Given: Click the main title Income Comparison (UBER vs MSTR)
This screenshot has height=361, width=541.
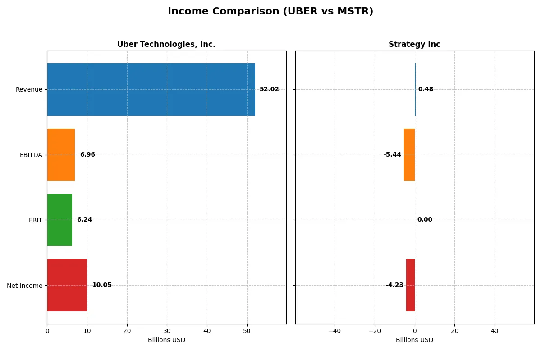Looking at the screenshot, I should tap(270, 12).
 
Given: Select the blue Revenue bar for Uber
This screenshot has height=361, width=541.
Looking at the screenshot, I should tap(151, 89).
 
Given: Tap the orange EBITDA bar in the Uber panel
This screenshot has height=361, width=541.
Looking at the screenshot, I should tap(61, 155).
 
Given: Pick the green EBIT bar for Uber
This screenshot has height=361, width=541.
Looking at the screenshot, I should tap(60, 220).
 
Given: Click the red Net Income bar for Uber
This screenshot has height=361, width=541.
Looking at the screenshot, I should tap(67, 285).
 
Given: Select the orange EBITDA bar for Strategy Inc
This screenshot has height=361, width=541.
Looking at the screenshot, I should tap(409, 155).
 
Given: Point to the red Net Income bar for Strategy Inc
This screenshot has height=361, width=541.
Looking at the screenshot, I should tap(410, 285).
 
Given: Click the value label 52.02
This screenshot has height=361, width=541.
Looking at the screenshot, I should tap(269, 89).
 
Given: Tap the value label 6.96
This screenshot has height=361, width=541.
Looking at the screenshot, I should tap(87, 155).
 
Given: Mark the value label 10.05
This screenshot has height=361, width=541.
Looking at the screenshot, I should tap(102, 285).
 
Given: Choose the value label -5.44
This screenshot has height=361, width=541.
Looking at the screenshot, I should tap(392, 155).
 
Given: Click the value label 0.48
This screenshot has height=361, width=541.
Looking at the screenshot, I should tap(426, 89).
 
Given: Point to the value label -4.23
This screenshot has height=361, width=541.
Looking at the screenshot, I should tap(394, 285).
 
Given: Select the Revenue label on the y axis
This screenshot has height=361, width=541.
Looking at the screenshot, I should tap(29, 89).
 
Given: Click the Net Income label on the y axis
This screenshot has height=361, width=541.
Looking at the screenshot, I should tap(25, 286).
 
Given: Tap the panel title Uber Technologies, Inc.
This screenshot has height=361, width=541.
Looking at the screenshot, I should tap(166, 45).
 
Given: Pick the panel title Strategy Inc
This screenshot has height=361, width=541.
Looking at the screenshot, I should tap(414, 45).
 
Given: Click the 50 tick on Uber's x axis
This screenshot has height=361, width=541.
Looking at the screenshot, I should tap(247, 331).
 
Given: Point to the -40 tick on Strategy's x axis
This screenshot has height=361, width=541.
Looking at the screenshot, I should tap(335, 331).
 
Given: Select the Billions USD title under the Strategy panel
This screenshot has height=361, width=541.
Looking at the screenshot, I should tap(414, 340).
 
